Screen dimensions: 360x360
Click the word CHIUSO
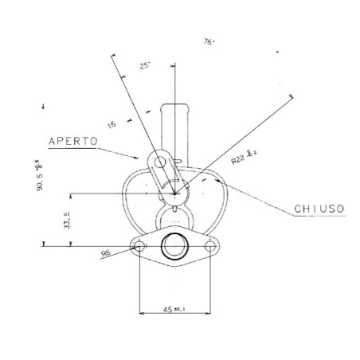tap(319, 208)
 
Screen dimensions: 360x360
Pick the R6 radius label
tap(105, 254)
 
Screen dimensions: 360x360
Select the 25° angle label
tap(144, 67)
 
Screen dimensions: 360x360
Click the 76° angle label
tap(209, 41)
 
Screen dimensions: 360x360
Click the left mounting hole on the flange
tap(140, 246)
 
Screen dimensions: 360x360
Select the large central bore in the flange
tap(174, 246)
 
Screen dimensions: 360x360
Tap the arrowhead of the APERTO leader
tap(142, 158)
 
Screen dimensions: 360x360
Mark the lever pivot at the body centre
tap(175, 192)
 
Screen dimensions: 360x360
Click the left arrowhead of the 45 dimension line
tap(143, 311)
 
